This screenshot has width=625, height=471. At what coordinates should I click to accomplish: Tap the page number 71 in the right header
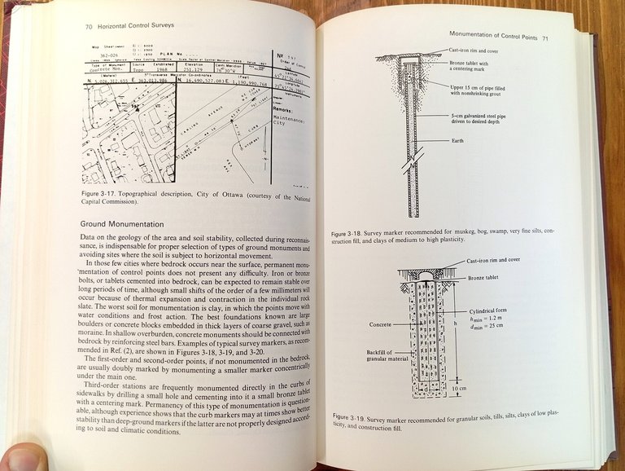(545, 37)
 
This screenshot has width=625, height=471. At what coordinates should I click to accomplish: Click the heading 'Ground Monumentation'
(122, 223)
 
